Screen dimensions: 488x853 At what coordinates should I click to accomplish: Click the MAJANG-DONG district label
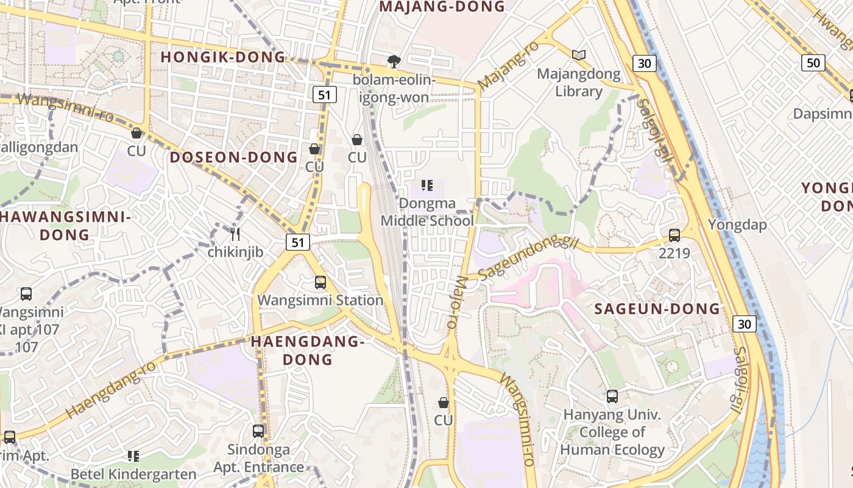[442, 7]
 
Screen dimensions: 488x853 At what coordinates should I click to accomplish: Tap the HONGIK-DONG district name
[223, 57]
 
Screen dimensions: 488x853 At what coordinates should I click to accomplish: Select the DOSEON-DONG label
[233, 157]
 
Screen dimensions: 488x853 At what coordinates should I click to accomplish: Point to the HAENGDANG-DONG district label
[308, 350]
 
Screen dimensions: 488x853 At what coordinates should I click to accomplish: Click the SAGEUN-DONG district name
[657, 309]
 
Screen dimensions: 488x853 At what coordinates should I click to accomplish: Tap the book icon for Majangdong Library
[579, 56]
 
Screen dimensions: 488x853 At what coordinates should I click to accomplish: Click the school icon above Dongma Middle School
[427, 185]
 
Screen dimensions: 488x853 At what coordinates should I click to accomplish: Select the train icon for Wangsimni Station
[320, 282]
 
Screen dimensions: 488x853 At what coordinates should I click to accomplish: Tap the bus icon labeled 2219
[674, 235]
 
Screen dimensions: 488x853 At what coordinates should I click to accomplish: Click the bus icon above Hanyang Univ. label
[612, 396]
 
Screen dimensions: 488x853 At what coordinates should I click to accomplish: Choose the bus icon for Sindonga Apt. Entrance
[258, 431]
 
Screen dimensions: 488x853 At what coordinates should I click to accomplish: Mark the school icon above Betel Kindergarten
[133, 456]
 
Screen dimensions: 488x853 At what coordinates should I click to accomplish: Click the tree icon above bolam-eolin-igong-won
[394, 62]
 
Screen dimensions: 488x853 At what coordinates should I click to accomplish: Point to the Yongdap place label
[737, 224]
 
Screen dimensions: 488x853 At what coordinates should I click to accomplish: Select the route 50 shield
[813, 62]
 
